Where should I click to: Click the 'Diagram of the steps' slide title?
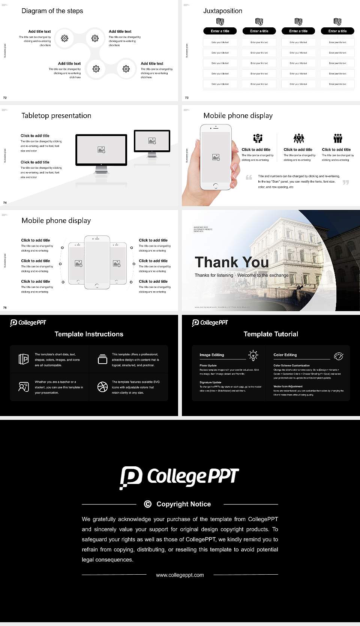tap(52, 11)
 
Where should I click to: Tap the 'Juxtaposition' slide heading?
tap(222, 11)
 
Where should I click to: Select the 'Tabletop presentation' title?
tap(56, 115)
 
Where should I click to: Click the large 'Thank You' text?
tap(232, 262)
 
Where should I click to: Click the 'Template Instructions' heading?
tap(89, 334)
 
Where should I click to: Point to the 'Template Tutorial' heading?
tap(271, 334)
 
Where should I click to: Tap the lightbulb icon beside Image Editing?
tap(253, 355)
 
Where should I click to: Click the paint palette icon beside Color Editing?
tap(338, 356)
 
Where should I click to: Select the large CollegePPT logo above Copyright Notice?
tap(179, 477)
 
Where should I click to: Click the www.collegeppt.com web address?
tap(180, 575)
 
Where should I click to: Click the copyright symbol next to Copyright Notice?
tap(148, 504)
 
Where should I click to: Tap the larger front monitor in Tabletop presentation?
tap(101, 150)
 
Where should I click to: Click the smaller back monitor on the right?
tap(152, 141)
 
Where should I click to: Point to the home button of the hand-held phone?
tap(216, 186)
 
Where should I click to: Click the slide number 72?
tap(5, 97)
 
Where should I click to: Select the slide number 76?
tap(5, 307)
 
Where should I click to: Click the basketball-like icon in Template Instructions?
tap(102, 387)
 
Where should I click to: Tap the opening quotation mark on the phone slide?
tap(249, 177)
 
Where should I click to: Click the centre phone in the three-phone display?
tap(97, 262)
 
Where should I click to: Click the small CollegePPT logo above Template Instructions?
tap(28, 322)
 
